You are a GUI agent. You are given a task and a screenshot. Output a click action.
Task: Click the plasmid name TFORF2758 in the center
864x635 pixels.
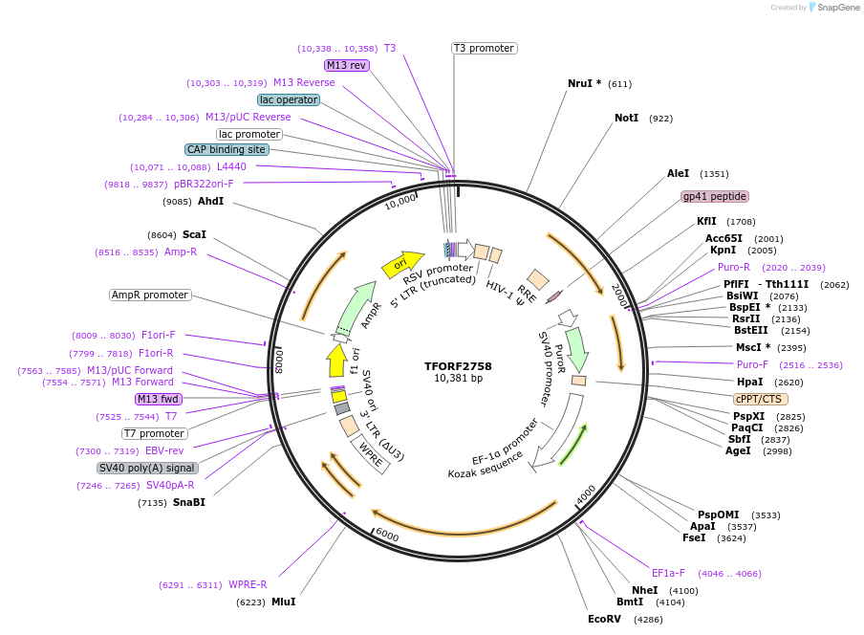458,365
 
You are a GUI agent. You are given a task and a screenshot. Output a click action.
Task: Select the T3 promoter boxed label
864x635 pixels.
484,48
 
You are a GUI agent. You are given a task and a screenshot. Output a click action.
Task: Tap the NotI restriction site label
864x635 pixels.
626,118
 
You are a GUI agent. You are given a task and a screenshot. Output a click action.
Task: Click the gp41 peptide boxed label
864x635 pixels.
714,196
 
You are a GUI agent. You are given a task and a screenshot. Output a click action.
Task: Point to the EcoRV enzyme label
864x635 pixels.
604,619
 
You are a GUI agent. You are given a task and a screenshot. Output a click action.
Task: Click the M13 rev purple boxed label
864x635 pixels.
346,65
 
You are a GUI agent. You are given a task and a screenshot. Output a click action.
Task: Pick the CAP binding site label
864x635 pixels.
227,149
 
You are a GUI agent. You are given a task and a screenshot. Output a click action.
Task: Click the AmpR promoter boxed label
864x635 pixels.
150,295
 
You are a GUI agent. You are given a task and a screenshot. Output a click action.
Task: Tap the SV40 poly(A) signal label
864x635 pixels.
147,468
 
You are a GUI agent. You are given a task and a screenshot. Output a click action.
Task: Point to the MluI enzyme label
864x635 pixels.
283,602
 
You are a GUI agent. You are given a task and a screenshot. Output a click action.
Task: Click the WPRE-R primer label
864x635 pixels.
248,584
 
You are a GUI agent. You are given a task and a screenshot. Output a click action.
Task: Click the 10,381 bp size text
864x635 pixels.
458,378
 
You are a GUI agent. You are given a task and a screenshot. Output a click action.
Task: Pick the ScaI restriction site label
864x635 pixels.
194,234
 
